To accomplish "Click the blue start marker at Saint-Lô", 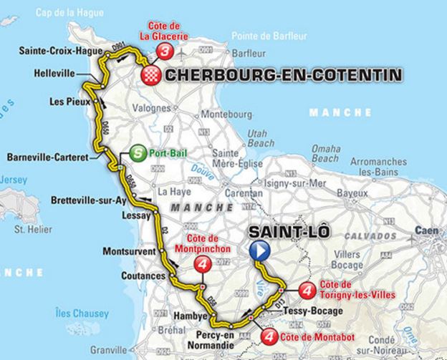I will [x=259, y=250].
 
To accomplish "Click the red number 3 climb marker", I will [x=166, y=51].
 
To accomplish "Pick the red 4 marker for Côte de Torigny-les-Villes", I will [x=307, y=290].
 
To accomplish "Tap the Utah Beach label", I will [x=256, y=137].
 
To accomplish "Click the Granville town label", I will [x=107, y=350].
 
